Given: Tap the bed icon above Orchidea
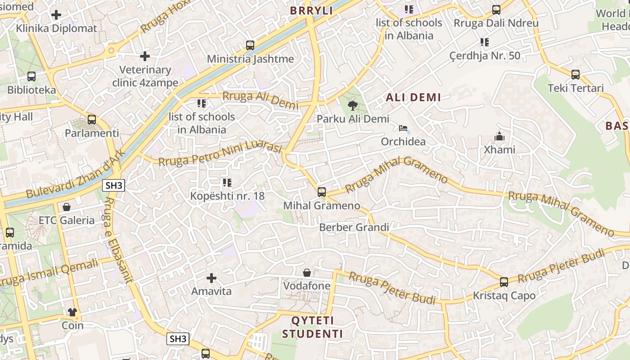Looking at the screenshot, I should point(403,129).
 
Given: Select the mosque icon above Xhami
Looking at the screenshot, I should point(499,136).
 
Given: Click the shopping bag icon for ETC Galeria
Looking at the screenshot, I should point(67,207).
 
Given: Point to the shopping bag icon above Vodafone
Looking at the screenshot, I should point(307,273).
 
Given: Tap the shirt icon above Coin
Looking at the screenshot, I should point(72,312).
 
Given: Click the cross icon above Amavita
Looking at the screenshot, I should point(211,278).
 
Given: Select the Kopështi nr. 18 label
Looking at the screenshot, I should point(227,196).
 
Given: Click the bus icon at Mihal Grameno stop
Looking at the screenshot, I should point(322,192).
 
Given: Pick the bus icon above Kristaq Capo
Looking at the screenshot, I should point(504,282).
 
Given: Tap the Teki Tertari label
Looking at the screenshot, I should point(576,88).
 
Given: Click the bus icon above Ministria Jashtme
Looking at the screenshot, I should point(250,45).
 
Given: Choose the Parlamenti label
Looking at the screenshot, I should point(92,133).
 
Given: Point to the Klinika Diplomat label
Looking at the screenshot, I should point(56,28).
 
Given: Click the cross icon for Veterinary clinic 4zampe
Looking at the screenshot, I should point(145,56).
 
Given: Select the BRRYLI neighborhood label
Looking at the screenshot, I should point(311,11).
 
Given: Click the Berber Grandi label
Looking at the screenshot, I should point(354,227).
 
